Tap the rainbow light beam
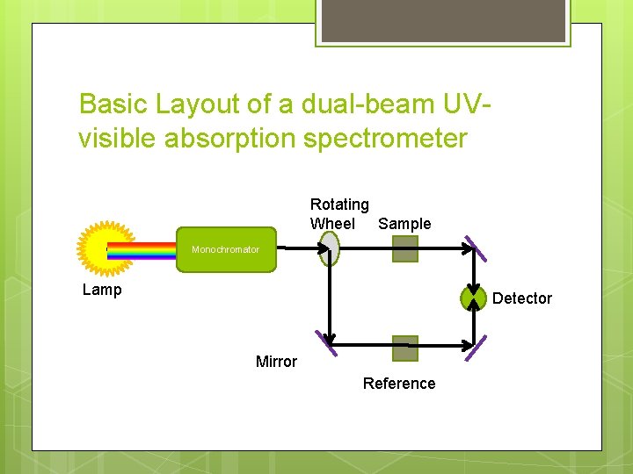point(141,251)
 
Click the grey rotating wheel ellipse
point(330,248)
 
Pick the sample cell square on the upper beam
point(405,249)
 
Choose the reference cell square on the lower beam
point(405,348)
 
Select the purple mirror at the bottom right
point(476,348)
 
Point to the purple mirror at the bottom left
point(326,343)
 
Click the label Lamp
point(102,290)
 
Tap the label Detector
point(522,298)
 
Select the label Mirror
point(276,362)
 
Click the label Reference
point(399,384)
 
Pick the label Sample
point(404,224)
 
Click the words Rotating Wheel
point(338,214)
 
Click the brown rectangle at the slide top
point(442,21)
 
